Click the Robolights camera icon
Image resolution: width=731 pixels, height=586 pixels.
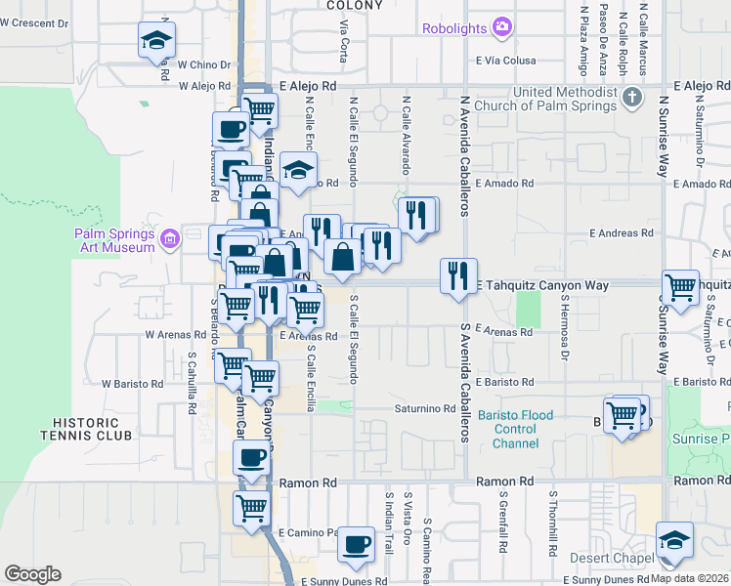pos(502,25)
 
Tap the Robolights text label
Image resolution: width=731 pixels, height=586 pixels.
pos(455,28)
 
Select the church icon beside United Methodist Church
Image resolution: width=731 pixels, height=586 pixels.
pos(632,97)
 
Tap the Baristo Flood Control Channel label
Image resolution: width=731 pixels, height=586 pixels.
pos(514,430)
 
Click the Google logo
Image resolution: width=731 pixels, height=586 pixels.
pos(33,573)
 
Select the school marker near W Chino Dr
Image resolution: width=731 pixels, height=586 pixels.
pos(154,40)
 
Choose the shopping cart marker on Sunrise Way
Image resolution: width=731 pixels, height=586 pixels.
pos(680,287)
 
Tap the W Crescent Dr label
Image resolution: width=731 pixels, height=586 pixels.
pos(36,21)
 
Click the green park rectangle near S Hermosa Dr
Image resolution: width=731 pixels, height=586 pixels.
pos(528,309)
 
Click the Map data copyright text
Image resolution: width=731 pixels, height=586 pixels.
pos(690,578)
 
